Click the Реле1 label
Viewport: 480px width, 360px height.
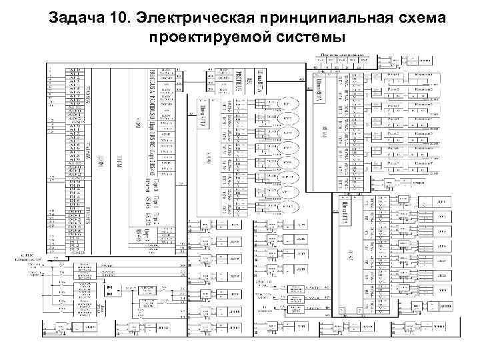point(393,75)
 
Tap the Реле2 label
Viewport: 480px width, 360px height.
point(393,89)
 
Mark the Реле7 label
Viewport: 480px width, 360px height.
point(393,163)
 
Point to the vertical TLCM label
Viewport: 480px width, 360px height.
point(118,160)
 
